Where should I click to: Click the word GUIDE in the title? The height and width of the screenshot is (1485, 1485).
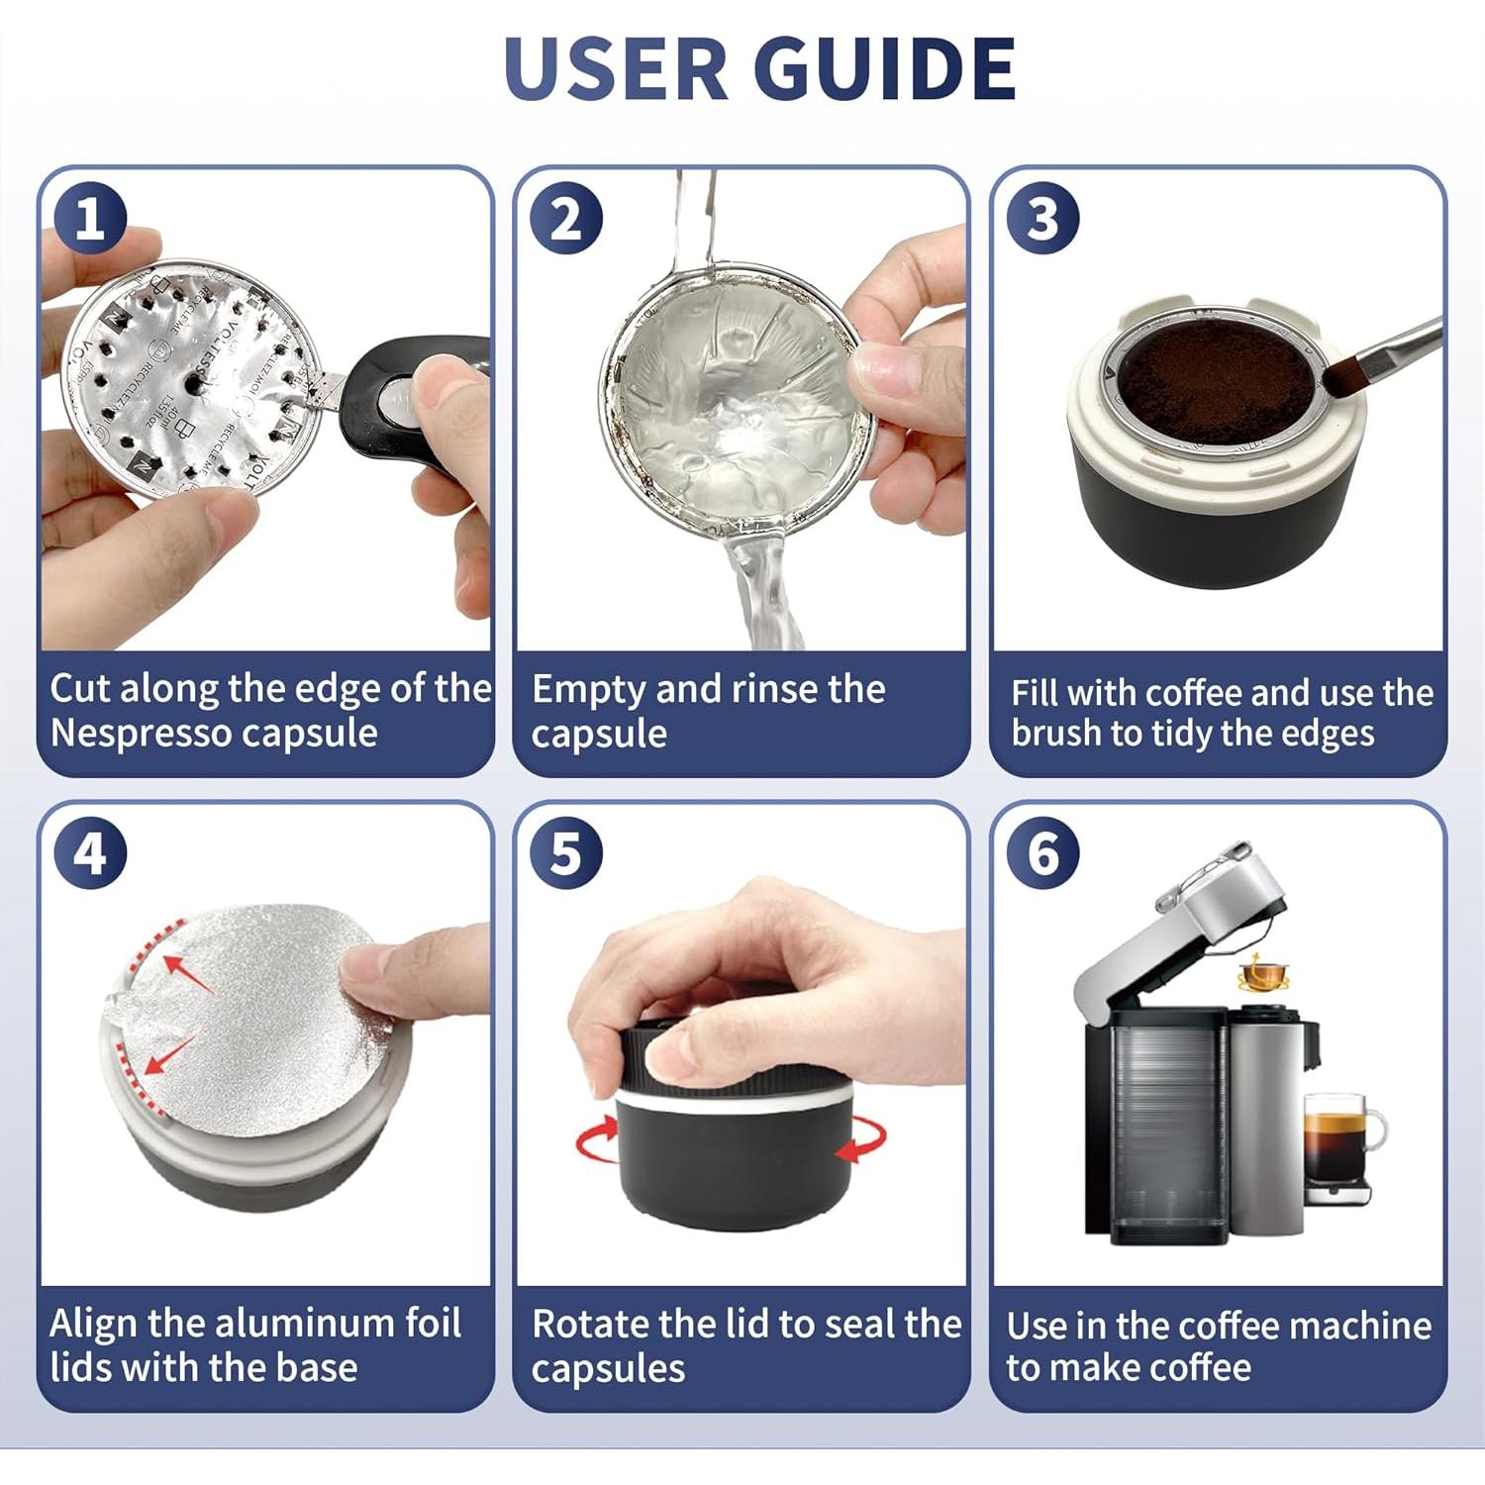pos(884,69)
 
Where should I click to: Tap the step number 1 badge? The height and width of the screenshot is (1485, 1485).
pos(90,218)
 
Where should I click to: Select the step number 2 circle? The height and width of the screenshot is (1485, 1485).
pos(566,218)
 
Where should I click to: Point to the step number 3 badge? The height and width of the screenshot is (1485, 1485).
pos(1042,218)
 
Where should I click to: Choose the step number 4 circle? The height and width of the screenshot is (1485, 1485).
pos(90,853)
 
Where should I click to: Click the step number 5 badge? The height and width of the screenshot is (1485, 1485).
pos(566,853)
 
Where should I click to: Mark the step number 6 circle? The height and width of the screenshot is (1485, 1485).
pos(1042,853)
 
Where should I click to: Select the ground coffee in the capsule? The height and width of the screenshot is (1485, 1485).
pos(1218,376)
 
